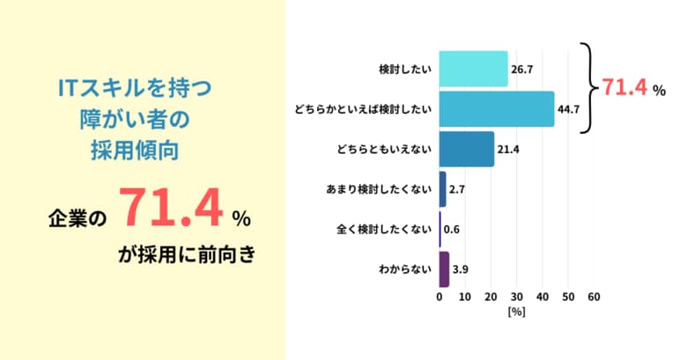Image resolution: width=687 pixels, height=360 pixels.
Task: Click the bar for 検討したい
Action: [473, 69]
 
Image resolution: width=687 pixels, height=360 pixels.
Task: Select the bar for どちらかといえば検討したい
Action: [496, 109]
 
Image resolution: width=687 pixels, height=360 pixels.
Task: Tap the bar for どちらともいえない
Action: [466, 149]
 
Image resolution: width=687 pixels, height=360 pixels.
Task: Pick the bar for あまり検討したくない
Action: [443, 189]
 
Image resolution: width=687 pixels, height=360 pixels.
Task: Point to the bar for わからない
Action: [444, 269]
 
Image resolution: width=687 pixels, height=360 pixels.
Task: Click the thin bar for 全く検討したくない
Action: [440, 230]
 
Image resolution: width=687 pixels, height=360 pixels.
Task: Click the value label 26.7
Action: [522, 69]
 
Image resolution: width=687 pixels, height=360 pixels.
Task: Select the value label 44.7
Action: [568, 109]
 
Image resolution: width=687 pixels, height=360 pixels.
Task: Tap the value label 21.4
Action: [509, 149]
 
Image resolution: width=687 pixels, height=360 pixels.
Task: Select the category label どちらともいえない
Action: [385, 149]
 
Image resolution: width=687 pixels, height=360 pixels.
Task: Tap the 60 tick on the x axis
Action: [594, 298]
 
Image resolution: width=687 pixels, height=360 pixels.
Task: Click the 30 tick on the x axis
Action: [517, 298]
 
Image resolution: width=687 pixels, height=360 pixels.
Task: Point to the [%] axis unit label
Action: [516, 312]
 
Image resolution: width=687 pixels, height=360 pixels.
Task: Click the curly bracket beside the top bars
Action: [587, 88]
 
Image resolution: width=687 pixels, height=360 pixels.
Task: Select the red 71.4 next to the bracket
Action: [624, 87]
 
